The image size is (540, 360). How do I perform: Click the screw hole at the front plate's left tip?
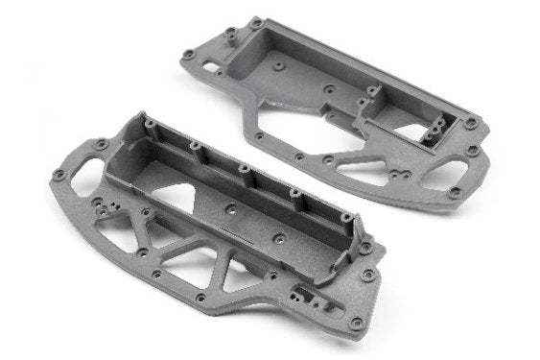tap(59, 176)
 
